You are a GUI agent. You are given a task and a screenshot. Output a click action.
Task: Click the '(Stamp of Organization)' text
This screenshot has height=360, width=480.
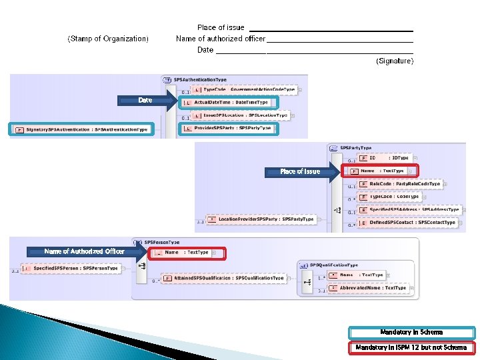pyautogui.click(x=108, y=39)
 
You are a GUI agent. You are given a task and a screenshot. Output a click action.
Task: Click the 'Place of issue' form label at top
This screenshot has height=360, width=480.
pyautogui.click(x=221, y=27)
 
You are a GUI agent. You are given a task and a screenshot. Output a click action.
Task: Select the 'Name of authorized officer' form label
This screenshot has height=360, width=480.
pyautogui.click(x=221, y=39)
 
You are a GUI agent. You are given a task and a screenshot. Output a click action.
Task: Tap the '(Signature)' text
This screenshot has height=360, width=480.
pyautogui.click(x=395, y=61)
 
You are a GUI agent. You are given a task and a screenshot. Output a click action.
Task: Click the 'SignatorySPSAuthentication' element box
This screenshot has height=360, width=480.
pyautogui.click(x=81, y=129)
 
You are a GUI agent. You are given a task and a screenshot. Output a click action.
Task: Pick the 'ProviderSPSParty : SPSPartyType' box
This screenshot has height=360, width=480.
pyautogui.click(x=228, y=128)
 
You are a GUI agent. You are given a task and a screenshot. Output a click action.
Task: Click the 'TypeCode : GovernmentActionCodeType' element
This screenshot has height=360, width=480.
pyautogui.click(x=243, y=89)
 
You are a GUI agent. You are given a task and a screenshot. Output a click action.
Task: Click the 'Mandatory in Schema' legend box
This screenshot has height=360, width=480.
pyautogui.click(x=412, y=332)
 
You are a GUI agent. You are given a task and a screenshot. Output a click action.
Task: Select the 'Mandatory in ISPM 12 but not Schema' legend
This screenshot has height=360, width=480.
pyautogui.click(x=412, y=347)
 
